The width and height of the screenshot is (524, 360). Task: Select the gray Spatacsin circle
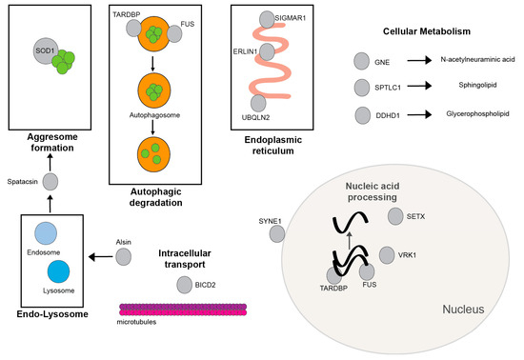point(50,181)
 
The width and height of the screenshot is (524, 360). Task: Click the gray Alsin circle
point(124,257)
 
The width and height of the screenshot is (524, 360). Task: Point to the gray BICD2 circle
point(185,285)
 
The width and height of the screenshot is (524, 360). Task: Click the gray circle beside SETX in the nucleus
point(397,217)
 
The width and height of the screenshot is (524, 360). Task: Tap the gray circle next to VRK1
point(387,255)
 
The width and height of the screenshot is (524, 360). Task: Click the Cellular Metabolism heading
point(431,31)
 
